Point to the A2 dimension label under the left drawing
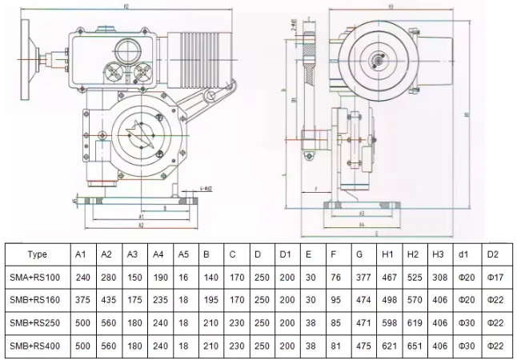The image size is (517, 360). pos(140,226)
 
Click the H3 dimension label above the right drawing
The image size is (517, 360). pos(390,6)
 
